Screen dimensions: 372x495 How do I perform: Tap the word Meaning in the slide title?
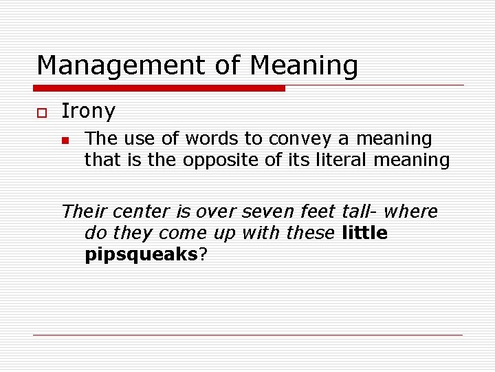coord(304,66)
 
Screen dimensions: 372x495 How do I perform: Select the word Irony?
coord(89,111)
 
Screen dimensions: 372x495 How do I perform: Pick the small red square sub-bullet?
coord(65,141)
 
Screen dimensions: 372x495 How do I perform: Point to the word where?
coord(412,211)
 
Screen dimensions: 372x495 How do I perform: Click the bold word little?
coord(364,234)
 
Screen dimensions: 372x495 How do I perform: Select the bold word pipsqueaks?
coord(141,255)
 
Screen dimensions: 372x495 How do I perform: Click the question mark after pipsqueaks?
coord(203,255)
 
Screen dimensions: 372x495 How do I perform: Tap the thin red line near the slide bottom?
coord(247,335)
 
